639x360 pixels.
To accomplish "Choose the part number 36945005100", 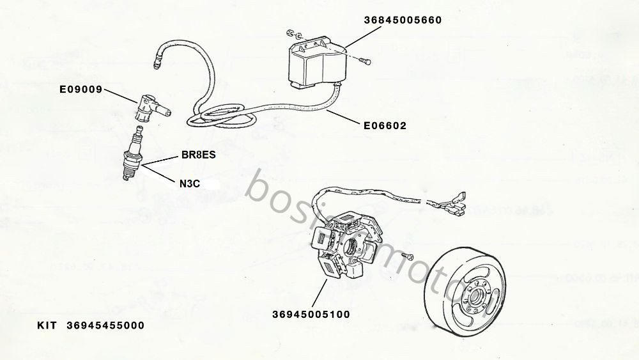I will point(311,314).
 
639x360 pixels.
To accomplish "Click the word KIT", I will point(47,325).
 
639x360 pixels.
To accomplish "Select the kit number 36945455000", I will point(105,325).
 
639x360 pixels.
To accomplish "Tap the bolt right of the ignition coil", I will point(365,61).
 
